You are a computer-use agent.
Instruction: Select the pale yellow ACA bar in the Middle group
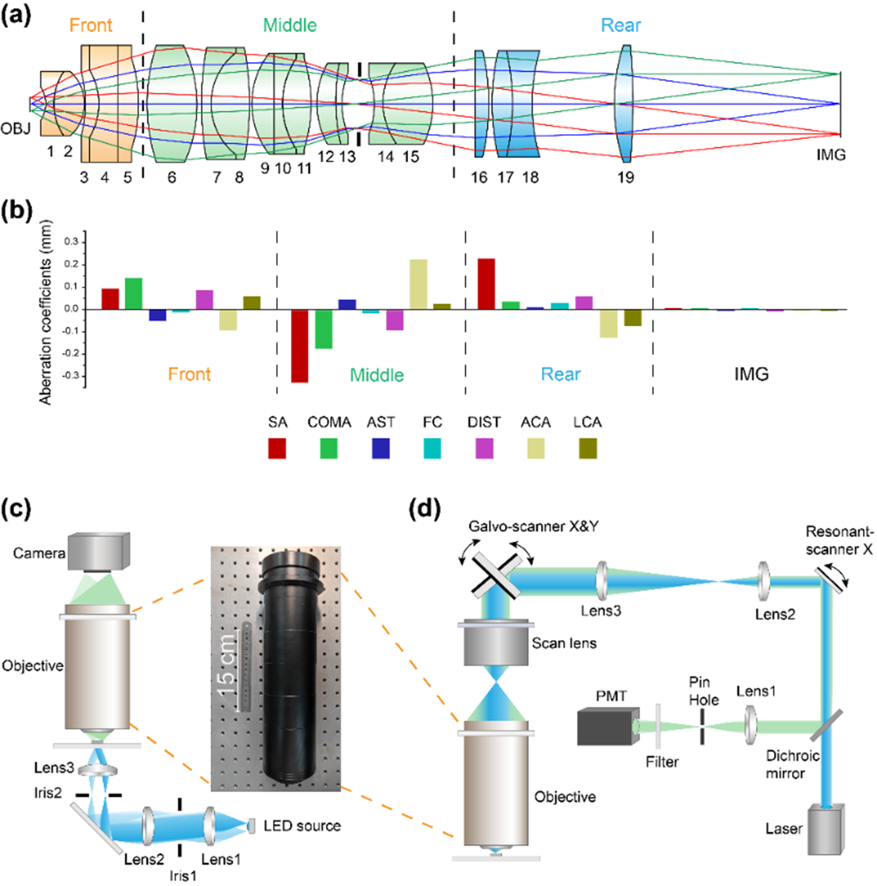[418, 284]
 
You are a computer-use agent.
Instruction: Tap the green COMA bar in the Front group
[134, 293]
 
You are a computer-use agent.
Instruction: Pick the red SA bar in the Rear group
[486, 284]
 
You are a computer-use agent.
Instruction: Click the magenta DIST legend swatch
[484, 448]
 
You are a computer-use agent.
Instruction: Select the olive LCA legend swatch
[588, 448]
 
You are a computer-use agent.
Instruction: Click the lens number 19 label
[626, 177]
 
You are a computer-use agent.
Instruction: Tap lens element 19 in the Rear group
[626, 104]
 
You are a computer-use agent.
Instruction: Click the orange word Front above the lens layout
[91, 25]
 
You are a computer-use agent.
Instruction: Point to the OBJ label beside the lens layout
[15, 128]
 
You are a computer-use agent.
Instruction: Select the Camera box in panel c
[98, 552]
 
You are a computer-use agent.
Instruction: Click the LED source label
[302, 825]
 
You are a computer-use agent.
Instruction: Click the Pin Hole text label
[703, 691]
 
